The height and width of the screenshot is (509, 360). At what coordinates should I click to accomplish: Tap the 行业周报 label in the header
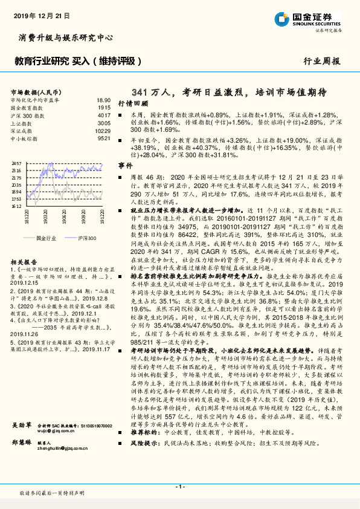pyautogui.click(x=322, y=61)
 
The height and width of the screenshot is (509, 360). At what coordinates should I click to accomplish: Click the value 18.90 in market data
pyautogui.click(x=103, y=100)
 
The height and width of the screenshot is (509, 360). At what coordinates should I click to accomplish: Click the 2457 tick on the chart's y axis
pyautogui.click(x=17, y=164)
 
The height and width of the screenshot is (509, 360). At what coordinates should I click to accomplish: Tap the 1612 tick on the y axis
pyautogui.click(x=17, y=206)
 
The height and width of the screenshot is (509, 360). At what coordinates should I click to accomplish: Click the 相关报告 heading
pyautogui.click(x=25, y=262)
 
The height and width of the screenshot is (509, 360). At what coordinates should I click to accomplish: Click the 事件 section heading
pyautogui.click(x=124, y=165)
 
